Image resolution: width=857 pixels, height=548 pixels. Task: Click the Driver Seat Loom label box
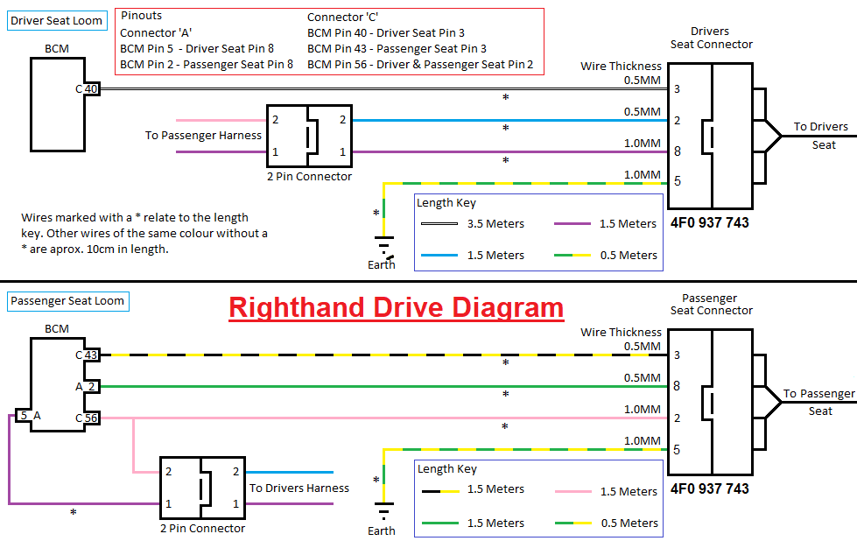point(56,20)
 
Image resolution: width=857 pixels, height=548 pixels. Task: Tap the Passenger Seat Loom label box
point(67,301)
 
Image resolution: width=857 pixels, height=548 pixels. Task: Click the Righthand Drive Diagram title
point(396,307)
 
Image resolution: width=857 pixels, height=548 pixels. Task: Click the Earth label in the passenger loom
point(382,530)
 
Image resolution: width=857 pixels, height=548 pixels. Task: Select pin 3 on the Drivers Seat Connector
point(677,88)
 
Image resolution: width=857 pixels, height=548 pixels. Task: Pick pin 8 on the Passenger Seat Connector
point(677,386)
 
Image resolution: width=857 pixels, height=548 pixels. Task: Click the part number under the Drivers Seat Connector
point(709,222)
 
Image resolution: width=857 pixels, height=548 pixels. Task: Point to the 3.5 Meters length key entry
point(495,223)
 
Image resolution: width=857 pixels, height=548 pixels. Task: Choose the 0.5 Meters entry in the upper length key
point(627,255)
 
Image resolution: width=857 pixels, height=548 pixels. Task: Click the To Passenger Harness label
point(203,136)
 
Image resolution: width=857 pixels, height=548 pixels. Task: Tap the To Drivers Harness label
point(299,488)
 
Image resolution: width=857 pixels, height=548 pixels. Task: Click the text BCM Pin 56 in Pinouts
point(345,65)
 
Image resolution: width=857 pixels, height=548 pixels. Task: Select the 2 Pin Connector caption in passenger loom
point(202,528)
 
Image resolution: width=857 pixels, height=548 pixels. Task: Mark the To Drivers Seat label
point(821,136)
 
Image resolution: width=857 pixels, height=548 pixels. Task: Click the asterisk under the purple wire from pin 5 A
point(73,513)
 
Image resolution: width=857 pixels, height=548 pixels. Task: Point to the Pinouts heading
point(141,16)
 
